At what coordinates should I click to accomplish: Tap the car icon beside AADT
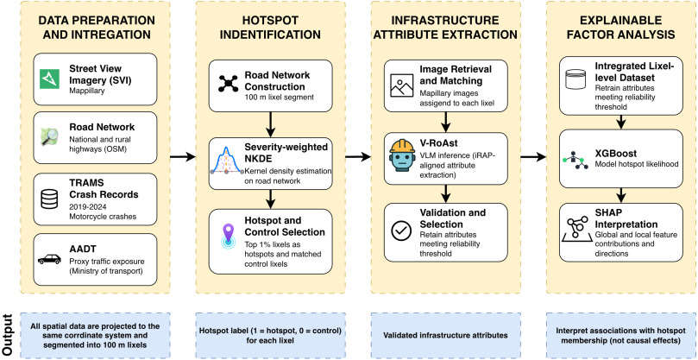(x=49, y=259)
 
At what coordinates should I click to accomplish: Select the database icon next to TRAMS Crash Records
(x=49, y=199)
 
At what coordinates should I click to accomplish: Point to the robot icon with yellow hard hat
(x=401, y=155)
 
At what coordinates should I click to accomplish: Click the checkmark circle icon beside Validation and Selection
(x=401, y=230)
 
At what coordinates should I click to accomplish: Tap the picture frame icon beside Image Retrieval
(x=401, y=85)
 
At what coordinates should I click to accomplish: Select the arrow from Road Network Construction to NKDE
(x=270, y=124)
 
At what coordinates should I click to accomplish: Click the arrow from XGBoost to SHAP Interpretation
(x=621, y=193)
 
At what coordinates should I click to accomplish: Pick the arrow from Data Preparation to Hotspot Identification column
(x=183, y=156)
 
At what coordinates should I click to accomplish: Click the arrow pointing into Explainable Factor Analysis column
(x=533, y=156)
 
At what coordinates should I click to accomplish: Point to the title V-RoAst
(x=437, y=144)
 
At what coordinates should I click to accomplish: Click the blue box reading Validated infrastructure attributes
(x=445, y=335)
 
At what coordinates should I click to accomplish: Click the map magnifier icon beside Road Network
(x=49, y=136)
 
